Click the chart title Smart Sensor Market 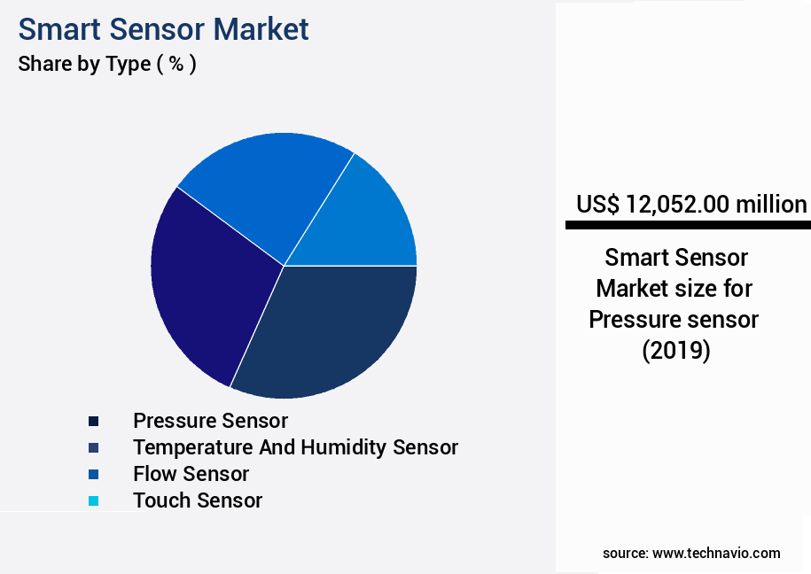pos(163,29)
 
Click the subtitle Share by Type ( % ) pos(106,64)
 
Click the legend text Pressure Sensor pos(210,420)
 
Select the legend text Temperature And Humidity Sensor pos(295,446)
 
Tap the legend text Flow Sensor pos(191,474)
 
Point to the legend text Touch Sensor pos(198,500)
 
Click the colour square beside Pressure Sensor pos(93,421)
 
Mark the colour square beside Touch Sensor pos(93,501)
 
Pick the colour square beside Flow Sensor pos(93,474)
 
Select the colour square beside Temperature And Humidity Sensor pos(93,447)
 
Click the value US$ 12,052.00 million pos(691,205)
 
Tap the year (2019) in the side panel pos(676,351)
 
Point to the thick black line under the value pos(688,226)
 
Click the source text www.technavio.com pos(716,553)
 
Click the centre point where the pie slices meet pos(284,266)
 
